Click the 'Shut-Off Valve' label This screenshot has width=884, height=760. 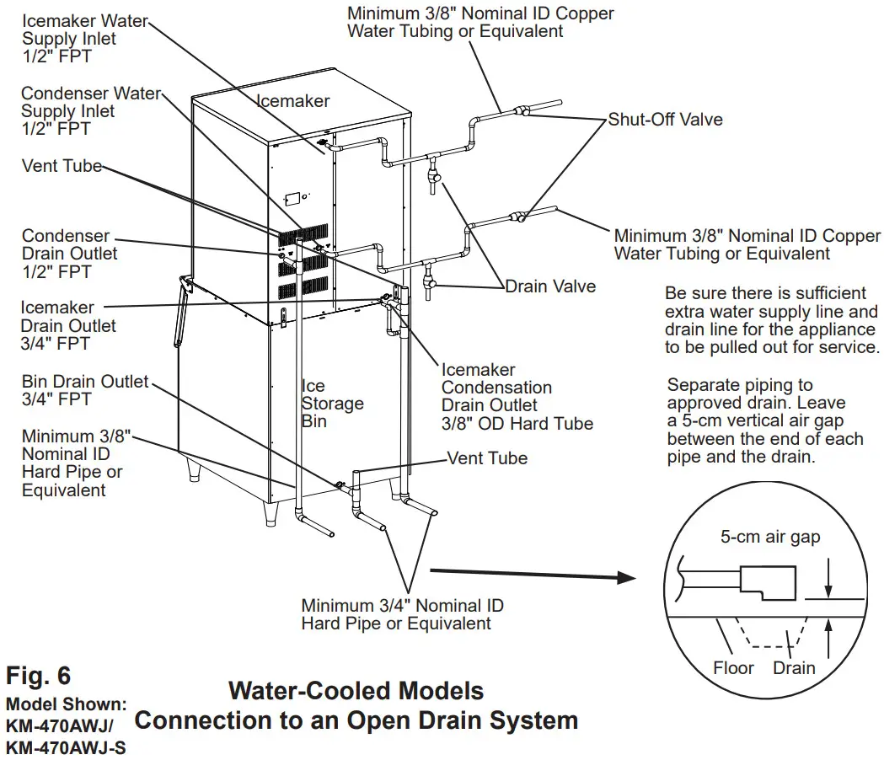[x=665, y=120]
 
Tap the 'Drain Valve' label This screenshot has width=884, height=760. [x=549, y=286]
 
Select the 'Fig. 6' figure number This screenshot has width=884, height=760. [x=39, y=676]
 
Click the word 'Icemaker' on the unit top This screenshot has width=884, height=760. [x=292, y=101]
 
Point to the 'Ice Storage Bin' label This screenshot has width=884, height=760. [x=332, y=403]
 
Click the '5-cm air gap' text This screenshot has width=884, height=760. [x=769, y=538]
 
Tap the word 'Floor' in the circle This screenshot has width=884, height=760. [x=733, y=668]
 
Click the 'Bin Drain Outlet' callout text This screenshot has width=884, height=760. [x=84, y=390]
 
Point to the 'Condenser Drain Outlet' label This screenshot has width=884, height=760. [x=69, y=254]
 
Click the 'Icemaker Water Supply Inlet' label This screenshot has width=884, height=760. [x=84, y=39]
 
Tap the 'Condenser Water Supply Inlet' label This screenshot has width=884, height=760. [x=90, y=111]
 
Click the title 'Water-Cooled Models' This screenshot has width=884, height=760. [x=356, y=692]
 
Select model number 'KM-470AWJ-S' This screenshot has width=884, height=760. [x=66, y=747]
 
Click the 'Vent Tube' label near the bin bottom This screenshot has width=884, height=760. [x=486, y=458]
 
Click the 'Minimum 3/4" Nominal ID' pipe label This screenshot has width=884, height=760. [x=402, y=614]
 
